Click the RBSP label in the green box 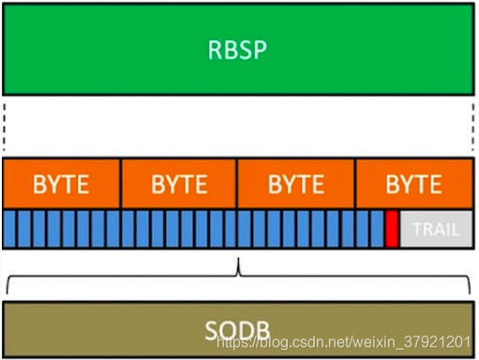[237, 49]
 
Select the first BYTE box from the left [62, 184]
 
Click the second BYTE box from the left [179, 184]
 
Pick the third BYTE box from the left [296, 184]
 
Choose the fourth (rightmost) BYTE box [413, 184]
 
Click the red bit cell [392, 229]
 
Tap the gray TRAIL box [435, 229]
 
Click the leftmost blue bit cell [9, 229]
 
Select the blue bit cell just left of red [378, 229]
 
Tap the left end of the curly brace [7, 286]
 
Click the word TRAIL [436, 229]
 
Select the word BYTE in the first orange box [62, 184]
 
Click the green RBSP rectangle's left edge [4, 49]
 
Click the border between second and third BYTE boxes [237, 184]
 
